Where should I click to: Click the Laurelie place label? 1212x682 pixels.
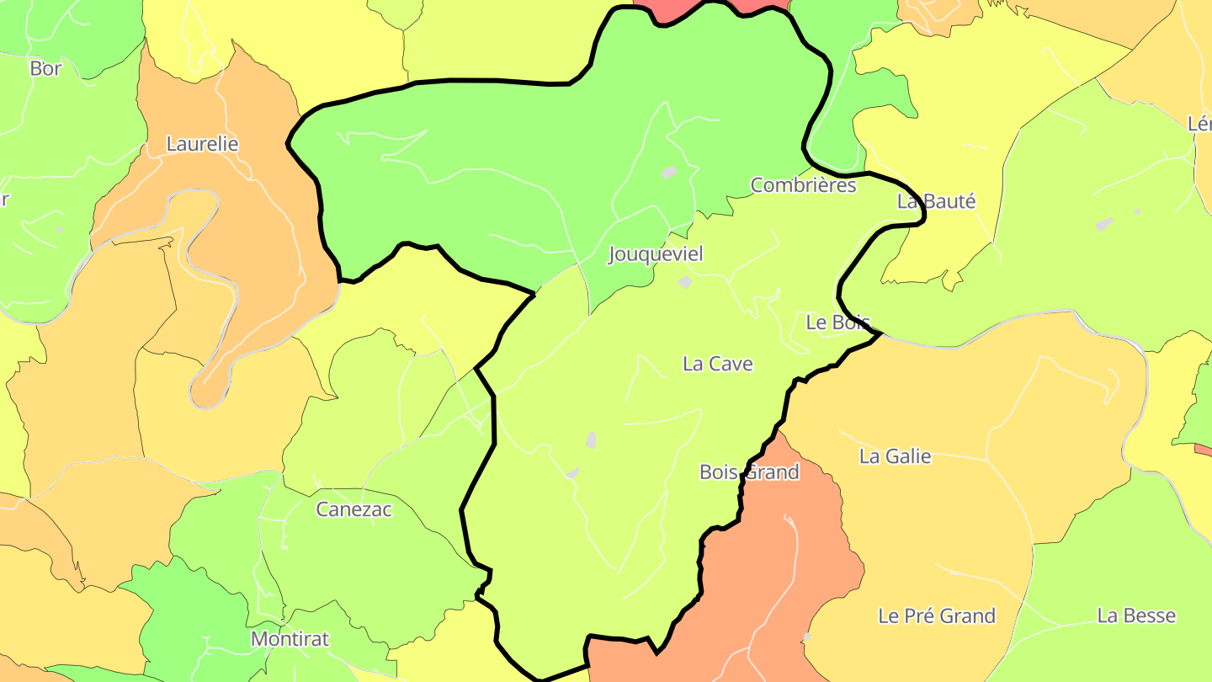202,144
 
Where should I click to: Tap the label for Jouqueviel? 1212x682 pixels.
655,254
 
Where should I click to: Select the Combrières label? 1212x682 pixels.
803,185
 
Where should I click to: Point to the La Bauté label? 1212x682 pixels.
936,201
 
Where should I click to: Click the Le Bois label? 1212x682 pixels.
837,322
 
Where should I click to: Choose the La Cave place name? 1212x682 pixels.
718,364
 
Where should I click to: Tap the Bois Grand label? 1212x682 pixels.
749,472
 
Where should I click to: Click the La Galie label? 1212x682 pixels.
896,456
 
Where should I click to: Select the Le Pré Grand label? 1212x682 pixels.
937,615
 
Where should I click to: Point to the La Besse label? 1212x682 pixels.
1136,615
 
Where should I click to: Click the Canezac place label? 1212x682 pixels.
353,509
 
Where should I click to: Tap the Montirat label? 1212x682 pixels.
290,639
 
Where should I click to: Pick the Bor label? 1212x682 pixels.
45,68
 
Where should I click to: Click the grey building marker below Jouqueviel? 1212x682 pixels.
685,283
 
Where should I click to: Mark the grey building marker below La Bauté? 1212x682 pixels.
1105,224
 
